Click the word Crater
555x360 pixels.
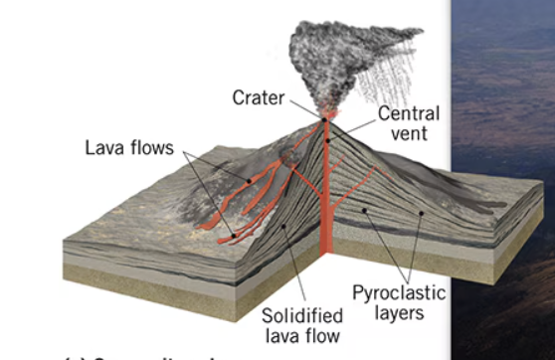click(258, 97)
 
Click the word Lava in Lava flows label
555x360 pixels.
click(101, 148)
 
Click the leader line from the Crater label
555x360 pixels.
click(303, 107)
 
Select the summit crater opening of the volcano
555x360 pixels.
click(324, 120)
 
